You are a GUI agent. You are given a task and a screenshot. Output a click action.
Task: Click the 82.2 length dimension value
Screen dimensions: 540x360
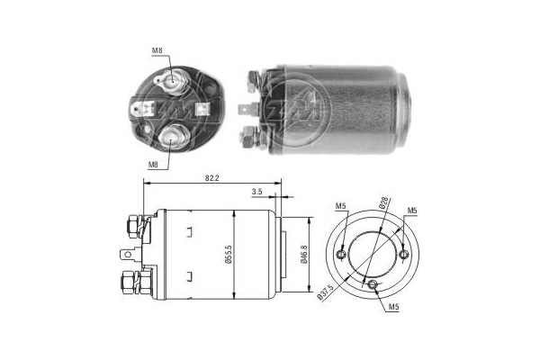pos(211,178)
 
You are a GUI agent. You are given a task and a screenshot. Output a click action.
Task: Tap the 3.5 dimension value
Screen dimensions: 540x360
pos(256,192)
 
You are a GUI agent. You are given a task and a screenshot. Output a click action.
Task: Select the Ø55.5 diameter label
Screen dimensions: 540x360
pos(229,255)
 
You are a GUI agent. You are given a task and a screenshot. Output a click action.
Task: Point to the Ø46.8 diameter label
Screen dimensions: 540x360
pos(304,255)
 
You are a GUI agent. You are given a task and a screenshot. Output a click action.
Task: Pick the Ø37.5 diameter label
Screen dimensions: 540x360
pos(325,292)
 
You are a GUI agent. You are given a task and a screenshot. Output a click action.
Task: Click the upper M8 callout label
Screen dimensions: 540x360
pos(157,50)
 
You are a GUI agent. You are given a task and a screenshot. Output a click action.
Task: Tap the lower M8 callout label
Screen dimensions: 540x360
pos(153,165)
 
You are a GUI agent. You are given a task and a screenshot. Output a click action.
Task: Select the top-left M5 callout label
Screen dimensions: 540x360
pos(340,206)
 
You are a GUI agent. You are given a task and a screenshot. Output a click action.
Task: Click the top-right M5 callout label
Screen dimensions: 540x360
pos(412,210)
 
